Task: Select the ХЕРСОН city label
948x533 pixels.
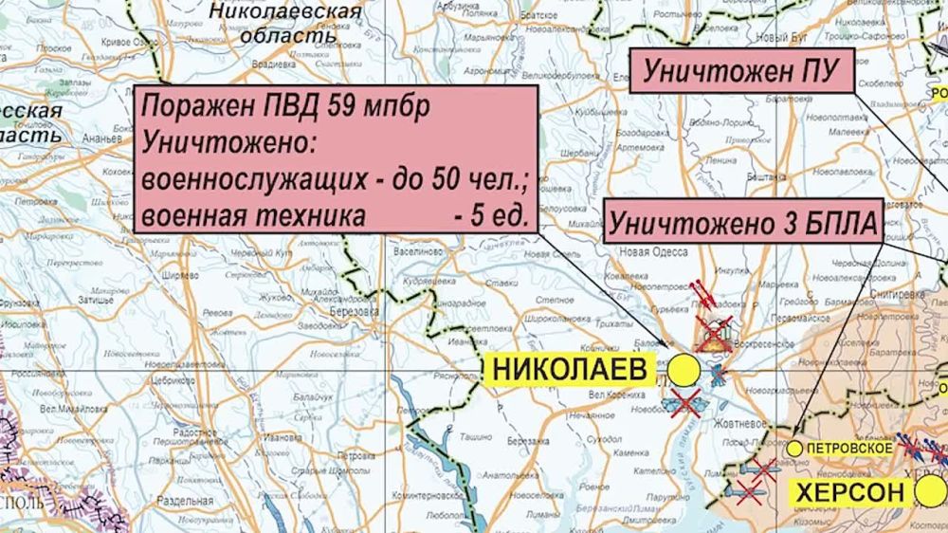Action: (848, 493)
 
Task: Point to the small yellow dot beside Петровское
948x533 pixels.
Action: (795, 447)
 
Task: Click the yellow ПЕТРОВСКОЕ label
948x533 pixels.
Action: (849, 447)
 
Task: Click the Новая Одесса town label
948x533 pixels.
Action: (647, 251)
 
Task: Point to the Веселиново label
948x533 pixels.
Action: (416, 251)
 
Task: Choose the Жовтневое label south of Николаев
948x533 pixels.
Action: (720, 424)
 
